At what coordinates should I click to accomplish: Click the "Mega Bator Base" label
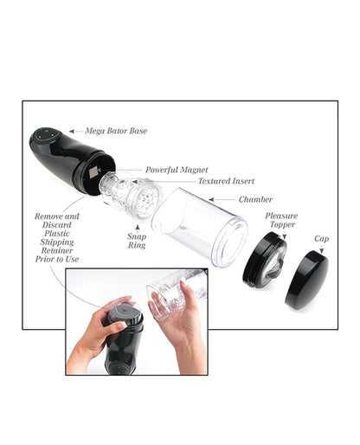click(116, 131)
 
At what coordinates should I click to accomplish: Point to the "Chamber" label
click(255, 199)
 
